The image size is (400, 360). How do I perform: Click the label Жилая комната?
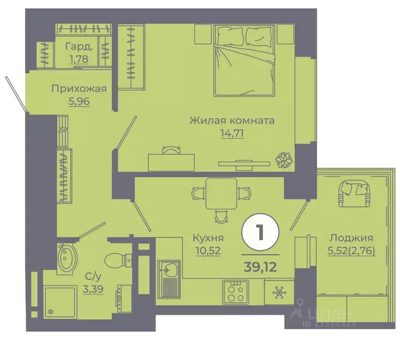click(232, 120)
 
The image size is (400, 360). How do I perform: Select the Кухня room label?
click(207, 238)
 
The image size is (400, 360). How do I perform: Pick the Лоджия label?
click(351, 237)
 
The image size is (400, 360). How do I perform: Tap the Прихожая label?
click(79, 89)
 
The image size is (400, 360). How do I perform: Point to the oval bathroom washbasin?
click(67, 257)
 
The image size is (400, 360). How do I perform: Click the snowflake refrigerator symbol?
click(279, 292)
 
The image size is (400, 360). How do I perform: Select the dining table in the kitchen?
click(219, 194)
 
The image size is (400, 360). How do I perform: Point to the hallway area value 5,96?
click(79, 101)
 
